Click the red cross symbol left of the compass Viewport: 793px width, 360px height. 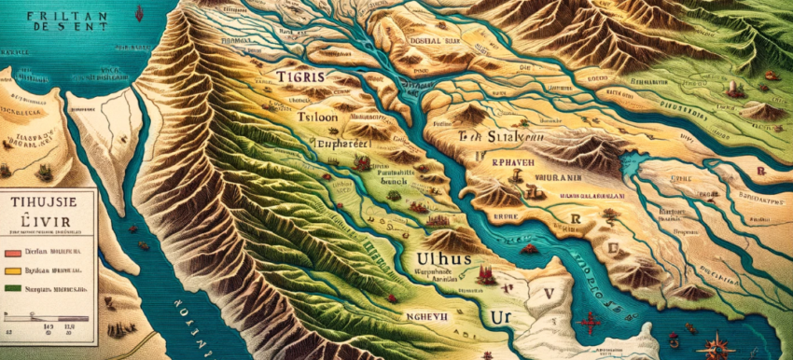pos(591,325)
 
